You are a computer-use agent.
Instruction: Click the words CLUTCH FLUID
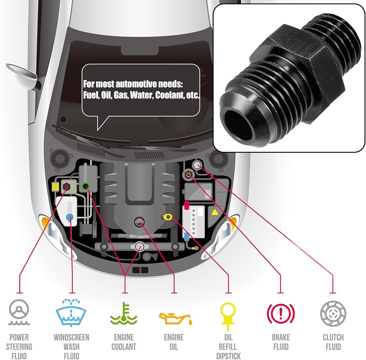click(333, 342)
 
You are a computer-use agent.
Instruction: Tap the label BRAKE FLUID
click(281, 342)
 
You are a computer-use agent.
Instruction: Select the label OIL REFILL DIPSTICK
click(228, 346)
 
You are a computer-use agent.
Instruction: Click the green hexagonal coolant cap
click(86, 186)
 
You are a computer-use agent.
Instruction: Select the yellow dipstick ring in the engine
click(168, 217)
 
